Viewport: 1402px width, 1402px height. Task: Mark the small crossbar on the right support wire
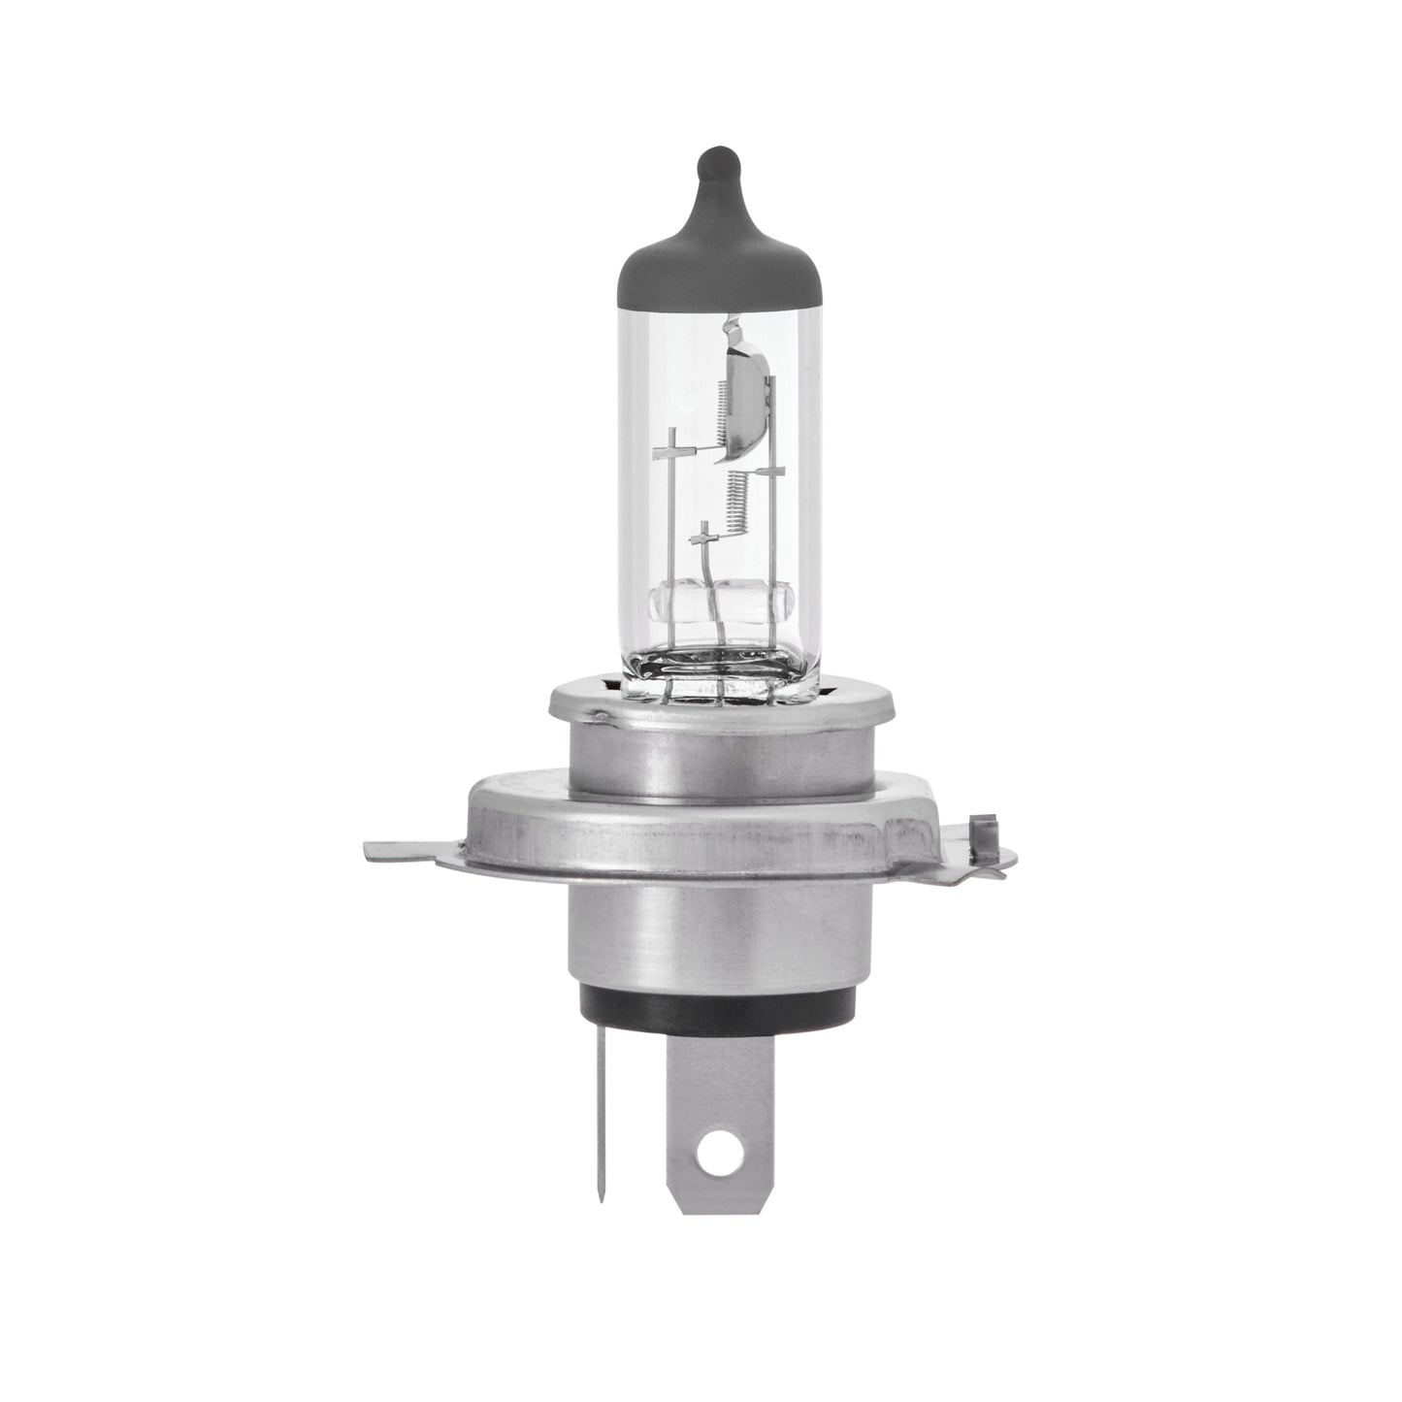pos(771,472)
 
